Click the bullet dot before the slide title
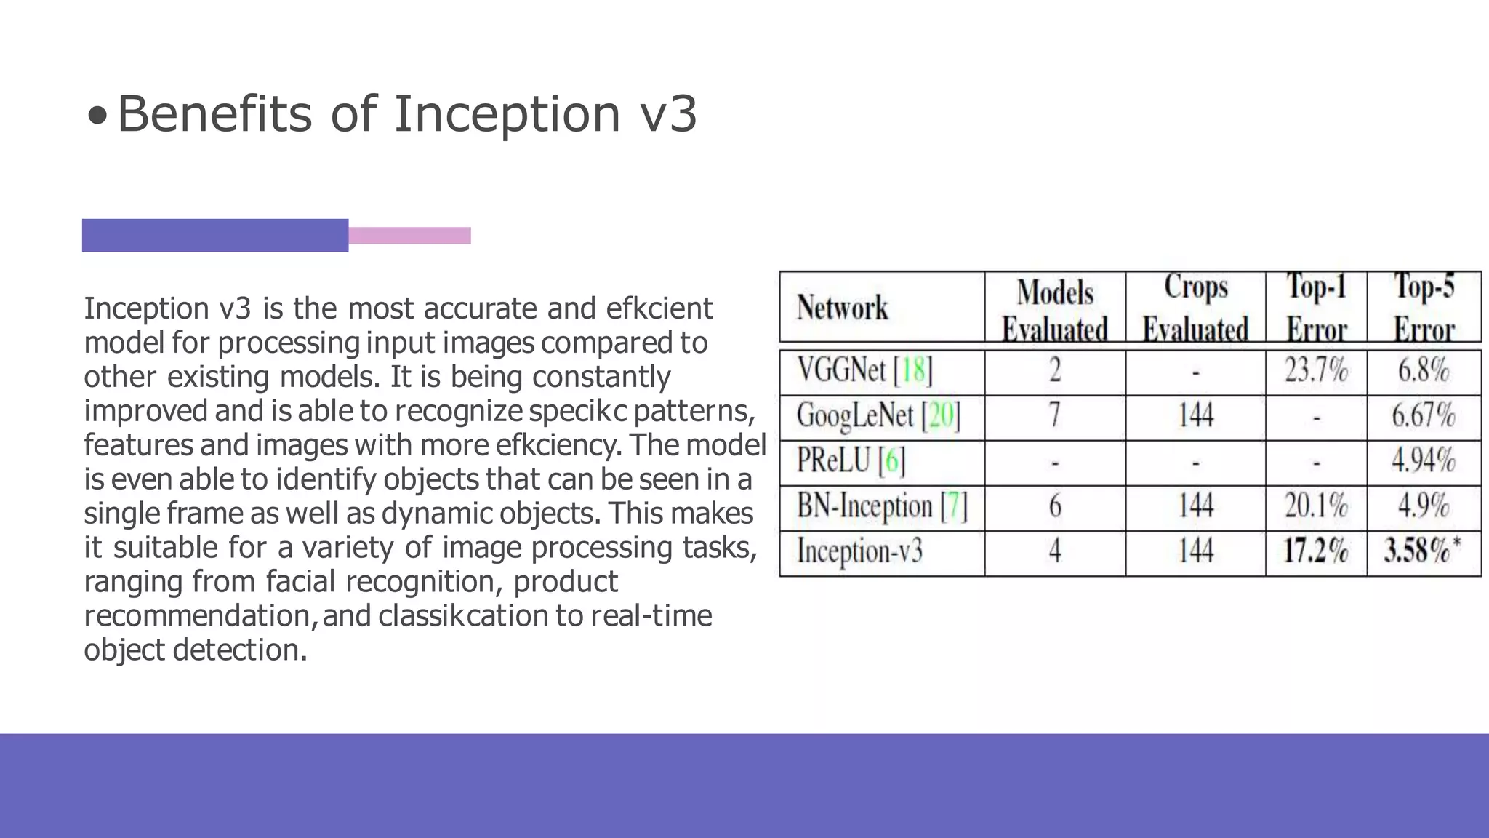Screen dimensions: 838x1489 coord(97,115)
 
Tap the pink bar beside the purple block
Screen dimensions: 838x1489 coord(409,235)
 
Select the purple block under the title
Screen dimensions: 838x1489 coord(214,235)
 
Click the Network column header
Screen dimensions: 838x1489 coord(842,308)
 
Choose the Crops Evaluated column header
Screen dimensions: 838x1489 coord(1195,308)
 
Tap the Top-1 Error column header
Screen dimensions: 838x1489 coord(1316,308)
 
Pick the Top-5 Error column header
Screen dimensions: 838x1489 coord(1424,308)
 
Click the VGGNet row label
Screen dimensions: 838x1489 coord(864,370)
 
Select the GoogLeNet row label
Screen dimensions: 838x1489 coord(878,416)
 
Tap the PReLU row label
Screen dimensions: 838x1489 coord(851,461)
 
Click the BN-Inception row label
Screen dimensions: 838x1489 coord(882,506)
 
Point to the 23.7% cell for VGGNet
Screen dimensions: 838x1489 coord(1316,370)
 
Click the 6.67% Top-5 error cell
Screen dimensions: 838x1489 coord(1423,416)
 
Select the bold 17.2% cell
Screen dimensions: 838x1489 coord(1316,551)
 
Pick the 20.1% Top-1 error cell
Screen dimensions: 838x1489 coord(1316,506)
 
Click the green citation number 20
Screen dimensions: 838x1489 coord(941,416)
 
